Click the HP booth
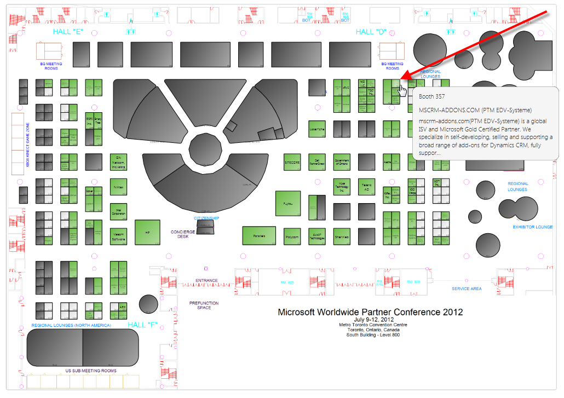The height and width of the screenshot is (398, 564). click(x=147, y=232)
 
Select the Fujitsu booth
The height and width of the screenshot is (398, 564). click(x=288, y=203)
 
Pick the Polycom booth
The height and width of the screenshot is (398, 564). click(x=292, y=237)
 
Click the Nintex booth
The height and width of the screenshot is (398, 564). click(x=119, y=187)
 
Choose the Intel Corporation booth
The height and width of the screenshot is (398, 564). click(x=119, y=211)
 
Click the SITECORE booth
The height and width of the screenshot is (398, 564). click(x=292, y=163)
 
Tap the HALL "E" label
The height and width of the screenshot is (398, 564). click(x=68, y=32)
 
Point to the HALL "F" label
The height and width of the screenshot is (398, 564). click(x=142, y=325)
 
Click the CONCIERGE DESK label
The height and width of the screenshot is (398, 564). click(x=183, y=234)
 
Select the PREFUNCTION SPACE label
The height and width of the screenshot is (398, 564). click(x=204, y=305)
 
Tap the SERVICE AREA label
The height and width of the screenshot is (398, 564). click(x=467, y=289)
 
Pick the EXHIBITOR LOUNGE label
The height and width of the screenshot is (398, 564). click(x=532, y=227)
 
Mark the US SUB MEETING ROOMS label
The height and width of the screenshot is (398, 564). click(x=91, y=371)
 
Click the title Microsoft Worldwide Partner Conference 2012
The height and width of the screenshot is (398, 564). click(x=370, y=312)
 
